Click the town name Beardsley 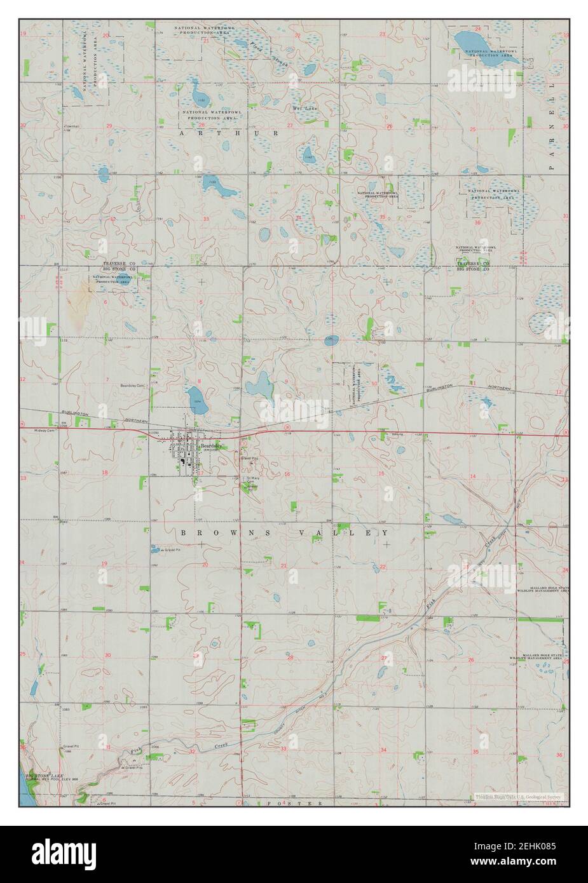[211, 447]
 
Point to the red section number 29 [109, 126]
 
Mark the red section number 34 [297, 218]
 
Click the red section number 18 [104, 473]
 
